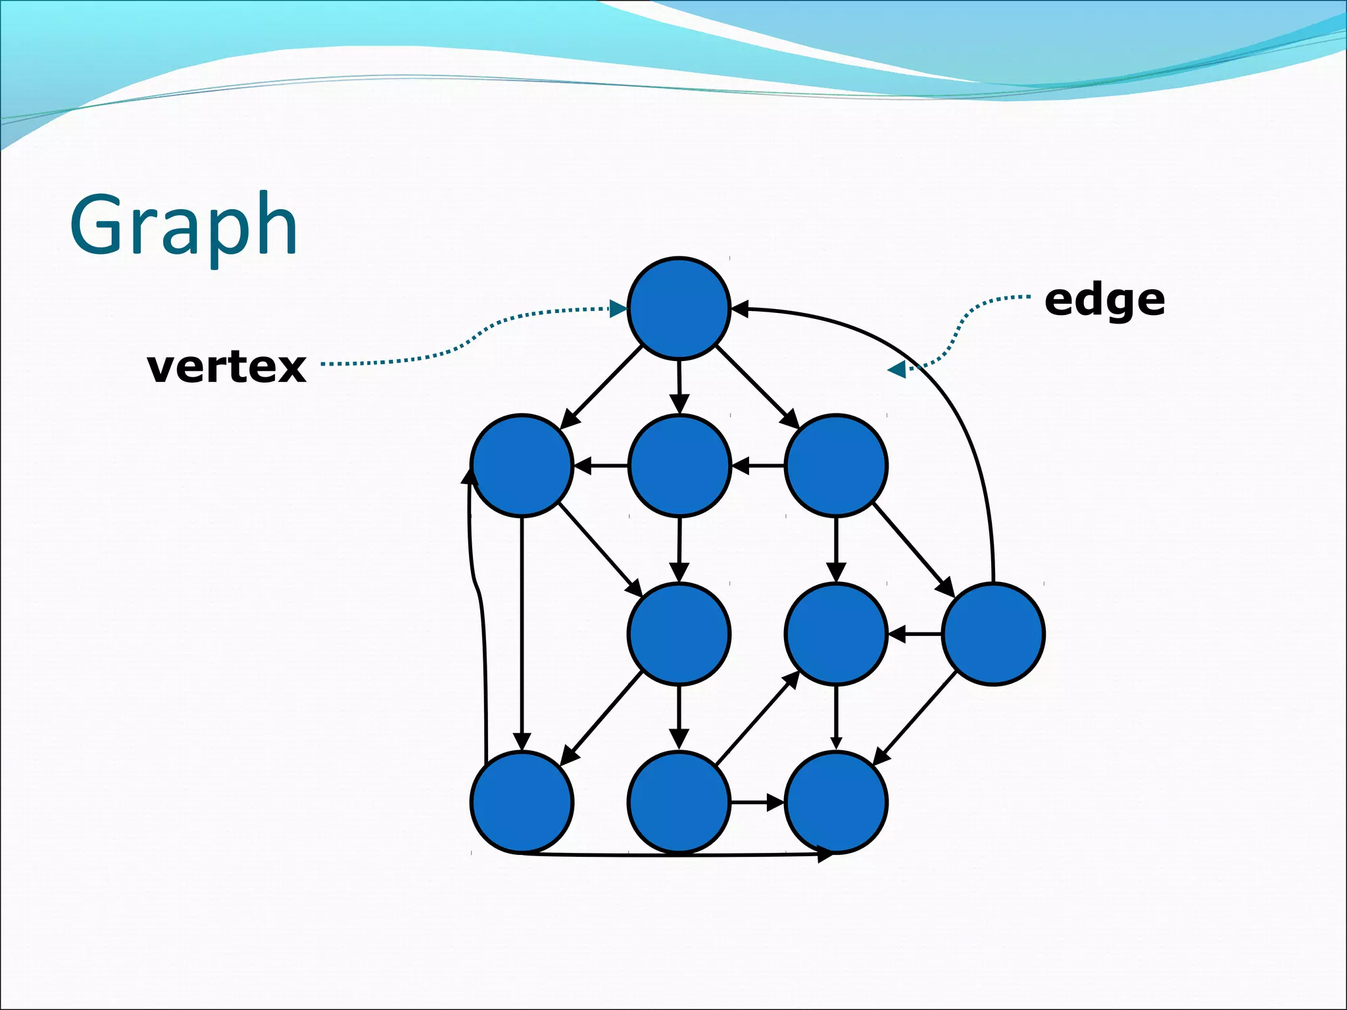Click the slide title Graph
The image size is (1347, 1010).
184,226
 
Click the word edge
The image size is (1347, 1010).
1104,301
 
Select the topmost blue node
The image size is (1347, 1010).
679,308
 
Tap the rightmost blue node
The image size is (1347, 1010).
993,634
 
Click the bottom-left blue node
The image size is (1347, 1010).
522,802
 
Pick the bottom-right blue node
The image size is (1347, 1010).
836,802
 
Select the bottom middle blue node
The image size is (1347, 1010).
679,802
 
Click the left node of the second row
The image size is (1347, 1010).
522,465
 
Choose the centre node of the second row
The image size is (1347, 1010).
679,465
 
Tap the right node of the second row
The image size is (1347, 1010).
836,465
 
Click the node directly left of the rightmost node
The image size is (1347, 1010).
836,634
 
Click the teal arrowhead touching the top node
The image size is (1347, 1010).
619,309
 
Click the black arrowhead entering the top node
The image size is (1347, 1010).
740,308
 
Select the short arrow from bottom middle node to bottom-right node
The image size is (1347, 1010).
756,802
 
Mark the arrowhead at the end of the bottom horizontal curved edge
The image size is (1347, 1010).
825,855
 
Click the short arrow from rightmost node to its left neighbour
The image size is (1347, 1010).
914,635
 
